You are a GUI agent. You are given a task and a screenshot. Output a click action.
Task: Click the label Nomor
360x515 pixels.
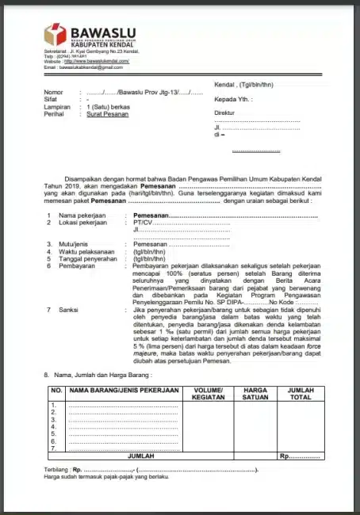click(x=54, y=93)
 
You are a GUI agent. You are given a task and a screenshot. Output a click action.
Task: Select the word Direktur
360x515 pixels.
click(x=226, y=113)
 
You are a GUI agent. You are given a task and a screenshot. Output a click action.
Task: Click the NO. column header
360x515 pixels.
click(x=56, y=391)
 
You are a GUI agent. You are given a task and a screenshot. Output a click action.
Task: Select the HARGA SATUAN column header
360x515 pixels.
click(x=255, y=394)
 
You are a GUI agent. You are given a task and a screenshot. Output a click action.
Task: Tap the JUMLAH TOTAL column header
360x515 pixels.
click(x=300, y=394)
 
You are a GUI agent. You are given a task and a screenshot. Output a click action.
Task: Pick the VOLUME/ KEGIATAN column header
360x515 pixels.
click(x=209, y=394)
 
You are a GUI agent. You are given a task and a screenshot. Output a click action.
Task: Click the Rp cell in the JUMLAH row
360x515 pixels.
click(x=300, y=457)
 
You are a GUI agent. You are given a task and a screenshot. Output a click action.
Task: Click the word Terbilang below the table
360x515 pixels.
click(x=57, y=470)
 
